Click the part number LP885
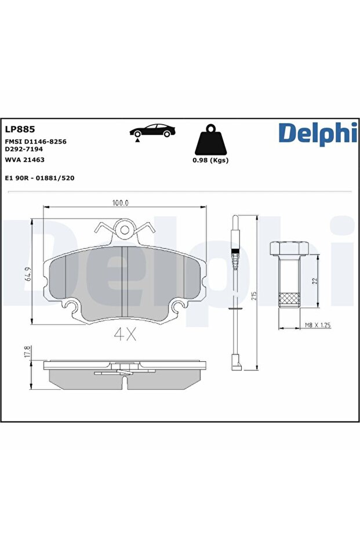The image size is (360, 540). (x=20, y=129)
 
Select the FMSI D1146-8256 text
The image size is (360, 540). (x=36, y=142)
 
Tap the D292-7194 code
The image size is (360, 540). (x=24, y=149)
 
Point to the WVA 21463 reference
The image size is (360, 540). (x=25, y=160)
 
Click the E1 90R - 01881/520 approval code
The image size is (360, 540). (x=39, y=178)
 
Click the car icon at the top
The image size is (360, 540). (x=152, y=131)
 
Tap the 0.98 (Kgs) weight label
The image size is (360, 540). (x=210, y=160)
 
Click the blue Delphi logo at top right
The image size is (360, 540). (x=318, y=133)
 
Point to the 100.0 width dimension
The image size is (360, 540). (x=120, y=203)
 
